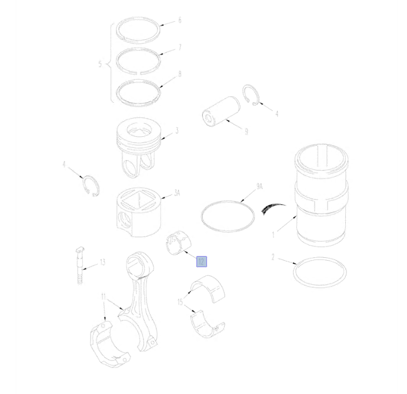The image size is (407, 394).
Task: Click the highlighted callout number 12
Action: click(x=201, y=261)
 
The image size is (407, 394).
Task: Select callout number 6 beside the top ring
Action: click(x=179, y=20)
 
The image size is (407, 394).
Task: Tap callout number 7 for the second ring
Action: click(x=179, y=48)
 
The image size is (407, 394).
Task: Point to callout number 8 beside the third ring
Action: click(x=179, y=75)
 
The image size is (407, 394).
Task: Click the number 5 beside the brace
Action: click(x=100, y=64)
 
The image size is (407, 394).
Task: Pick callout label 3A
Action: click(x=177, y=193)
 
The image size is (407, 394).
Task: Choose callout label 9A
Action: click(x=259, y=186)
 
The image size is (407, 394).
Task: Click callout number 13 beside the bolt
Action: click(x=102, y=262)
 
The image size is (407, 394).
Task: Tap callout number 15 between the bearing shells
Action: click(x=180, y=302)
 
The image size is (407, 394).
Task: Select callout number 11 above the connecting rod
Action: click(x=104, y=297)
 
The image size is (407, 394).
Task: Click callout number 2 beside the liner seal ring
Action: click(x=273, y=257)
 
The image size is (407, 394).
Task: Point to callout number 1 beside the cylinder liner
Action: click(x=273, y=235)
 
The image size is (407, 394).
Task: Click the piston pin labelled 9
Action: click(x=221, y=112)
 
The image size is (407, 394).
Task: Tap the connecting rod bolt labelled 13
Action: click(x=80, y=265)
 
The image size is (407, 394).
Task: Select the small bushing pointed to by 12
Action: click(x=179, y=243)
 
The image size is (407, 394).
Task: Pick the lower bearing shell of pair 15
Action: click(x=208, y=324)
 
